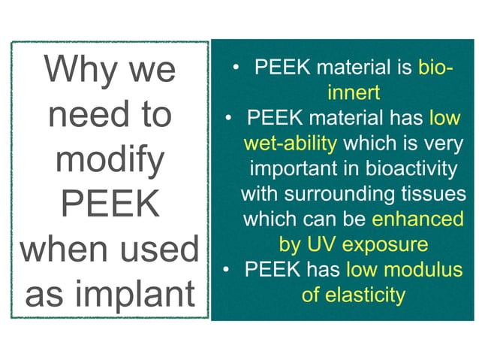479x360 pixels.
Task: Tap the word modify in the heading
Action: pos(110,160)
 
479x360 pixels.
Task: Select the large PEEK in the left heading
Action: pos(110,204)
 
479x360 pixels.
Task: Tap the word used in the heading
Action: pos(159,250)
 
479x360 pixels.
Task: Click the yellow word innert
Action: pos(354,93)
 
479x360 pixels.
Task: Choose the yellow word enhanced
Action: pos(417,219)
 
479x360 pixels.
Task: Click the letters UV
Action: pos(319,245)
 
